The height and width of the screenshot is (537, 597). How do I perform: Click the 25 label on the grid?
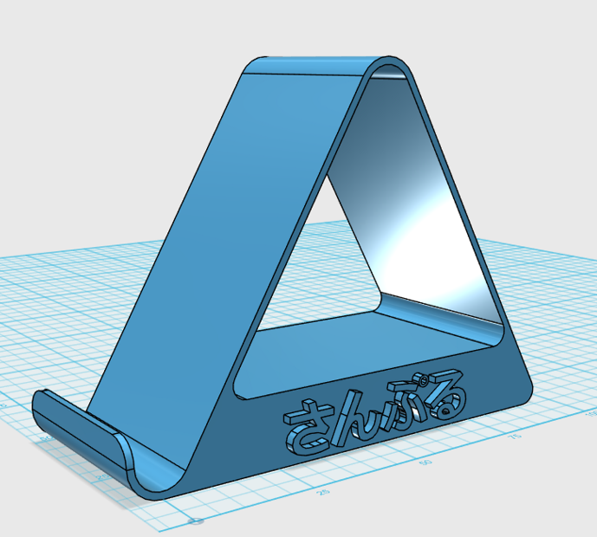click(323, 491)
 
